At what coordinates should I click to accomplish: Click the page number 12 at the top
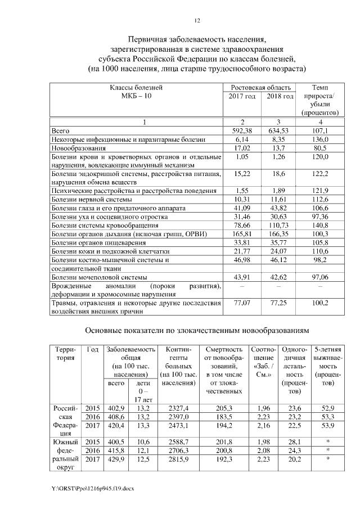197,21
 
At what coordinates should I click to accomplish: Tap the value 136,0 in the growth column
320,139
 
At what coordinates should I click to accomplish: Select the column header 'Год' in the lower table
93,349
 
